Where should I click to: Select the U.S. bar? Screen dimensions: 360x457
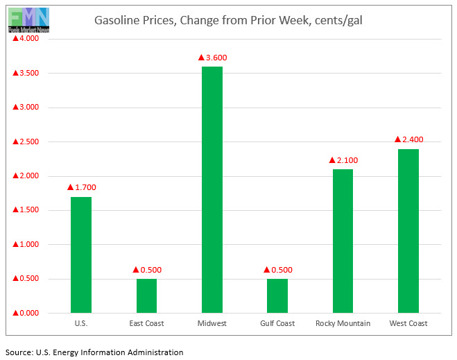(x=81, y=255)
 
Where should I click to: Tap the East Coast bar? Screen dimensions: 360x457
(x=146, y=295)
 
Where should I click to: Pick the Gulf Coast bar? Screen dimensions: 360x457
(x=277, y=295)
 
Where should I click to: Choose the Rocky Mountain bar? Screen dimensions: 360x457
(x=343, y=241)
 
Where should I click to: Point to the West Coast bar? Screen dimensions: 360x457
(x=408, y=230)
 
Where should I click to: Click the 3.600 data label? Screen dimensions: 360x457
(x=212, y=58)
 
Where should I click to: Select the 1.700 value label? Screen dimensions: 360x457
(x=81, y=187)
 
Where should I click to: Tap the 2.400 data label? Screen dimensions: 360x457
(x=408, y=139)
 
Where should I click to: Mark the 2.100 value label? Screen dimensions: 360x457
(x=343, y=160)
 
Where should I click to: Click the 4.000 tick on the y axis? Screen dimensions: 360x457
(x=26, y=39)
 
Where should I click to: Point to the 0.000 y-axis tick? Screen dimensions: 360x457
(x=26, y=314)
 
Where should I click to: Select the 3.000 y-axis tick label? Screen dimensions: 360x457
(x=26, y=108)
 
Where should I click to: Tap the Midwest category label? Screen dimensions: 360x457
(x=212, y=323)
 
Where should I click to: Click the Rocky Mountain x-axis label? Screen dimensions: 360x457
(x=343, y=323)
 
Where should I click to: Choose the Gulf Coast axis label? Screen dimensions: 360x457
(x=277, y=323)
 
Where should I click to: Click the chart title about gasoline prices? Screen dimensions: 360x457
(x=228, y=21)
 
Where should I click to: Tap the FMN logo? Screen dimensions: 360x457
(x=28, y=19)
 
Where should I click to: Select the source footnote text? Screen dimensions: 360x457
(x=94, y=352)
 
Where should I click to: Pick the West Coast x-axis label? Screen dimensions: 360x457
(x=408, y=323)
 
